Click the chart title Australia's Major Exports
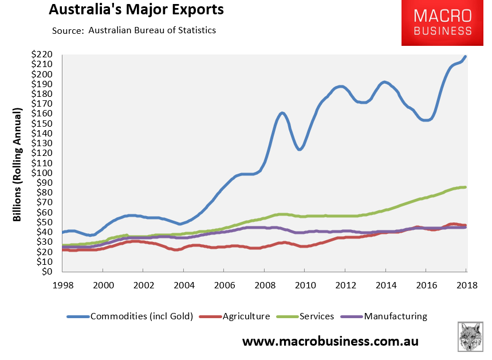coord(136,10)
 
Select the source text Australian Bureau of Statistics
coord(152,30)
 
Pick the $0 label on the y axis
coord(49,272)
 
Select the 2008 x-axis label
coord(264,285)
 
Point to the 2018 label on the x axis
coord(466,285)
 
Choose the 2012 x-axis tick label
coord(345,285)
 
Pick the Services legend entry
coord(309,316)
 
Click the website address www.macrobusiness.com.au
coord(330,342)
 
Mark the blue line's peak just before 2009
coord(282,113)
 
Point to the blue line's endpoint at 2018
coord(466,56)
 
